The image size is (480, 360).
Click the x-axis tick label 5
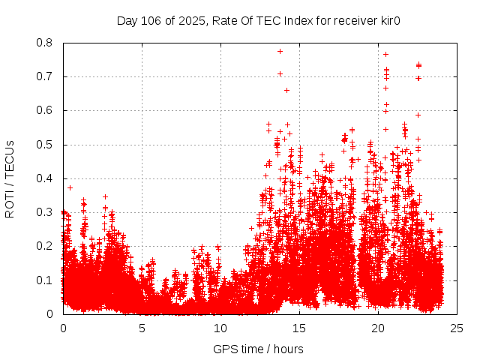[142, 328]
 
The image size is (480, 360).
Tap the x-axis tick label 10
[220, 328]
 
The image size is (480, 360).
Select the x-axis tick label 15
[299, 328]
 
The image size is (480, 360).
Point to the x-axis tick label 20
[378, 328]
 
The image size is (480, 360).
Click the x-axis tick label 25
[457, 328]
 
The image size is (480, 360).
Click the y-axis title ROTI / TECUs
[10, 178]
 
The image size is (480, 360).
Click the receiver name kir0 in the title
[388, 20]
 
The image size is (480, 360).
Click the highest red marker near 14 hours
[280, 51]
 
